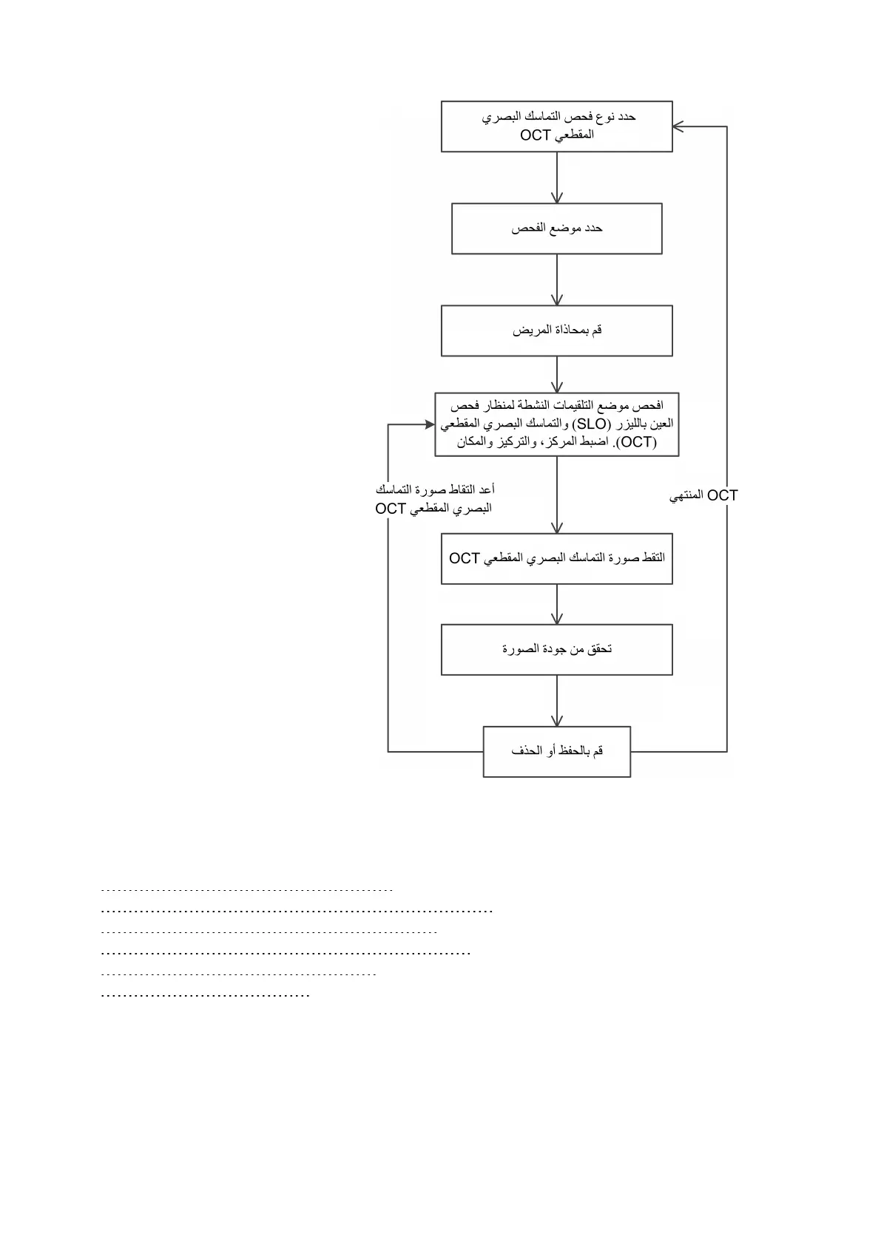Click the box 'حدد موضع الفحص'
coord(556,228)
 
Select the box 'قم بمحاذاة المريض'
coord(556,330)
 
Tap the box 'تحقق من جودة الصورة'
coord(556,649)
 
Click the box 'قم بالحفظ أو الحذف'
coord(556,751)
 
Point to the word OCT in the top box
coord(535,135)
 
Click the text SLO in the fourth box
coord(591,424)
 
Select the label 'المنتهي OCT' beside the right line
coord(703,495)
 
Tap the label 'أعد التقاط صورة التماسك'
coord(434,489)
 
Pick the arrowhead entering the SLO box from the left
coord(429,424)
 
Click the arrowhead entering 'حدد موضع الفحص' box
coord(556,198)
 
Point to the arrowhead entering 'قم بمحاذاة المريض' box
coord(556,300)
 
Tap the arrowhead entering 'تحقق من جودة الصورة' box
coord(556,619)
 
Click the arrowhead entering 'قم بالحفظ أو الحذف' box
coord(556,721)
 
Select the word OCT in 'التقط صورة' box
coord(465,558)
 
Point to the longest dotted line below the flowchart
coord(296,911)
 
